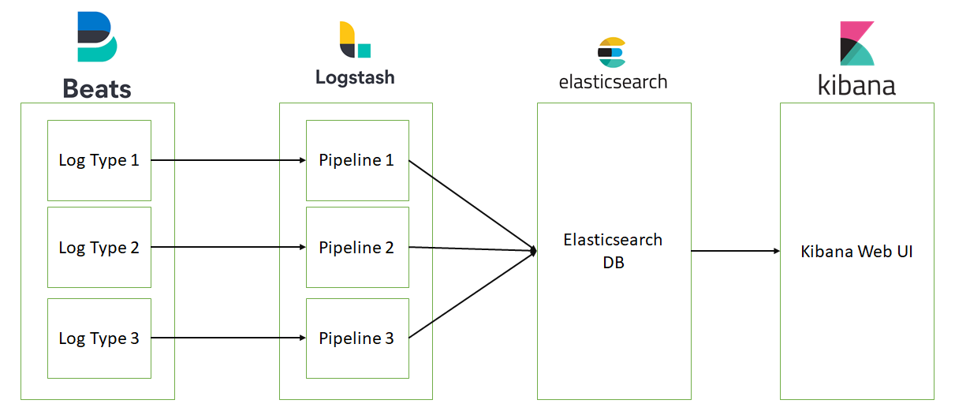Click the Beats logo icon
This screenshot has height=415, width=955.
point(97,37)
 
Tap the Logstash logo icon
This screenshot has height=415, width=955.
point(354,39)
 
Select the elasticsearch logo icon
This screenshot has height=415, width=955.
point(612,52)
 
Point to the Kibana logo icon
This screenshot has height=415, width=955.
point(856,43)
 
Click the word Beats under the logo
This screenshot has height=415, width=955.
point(97,88)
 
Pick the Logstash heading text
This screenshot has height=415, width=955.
point(355,77)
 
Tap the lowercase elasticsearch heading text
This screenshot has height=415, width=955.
point(613,81)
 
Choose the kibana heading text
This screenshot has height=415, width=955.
point(856,85)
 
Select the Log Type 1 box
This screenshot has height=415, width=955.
point(99,160)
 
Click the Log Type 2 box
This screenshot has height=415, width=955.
point(99,247)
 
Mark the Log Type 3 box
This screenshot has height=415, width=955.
point(99,338)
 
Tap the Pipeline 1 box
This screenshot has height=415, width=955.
point(356,160)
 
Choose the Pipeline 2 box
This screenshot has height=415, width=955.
point(356,247)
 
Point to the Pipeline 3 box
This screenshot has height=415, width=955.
point(356,338)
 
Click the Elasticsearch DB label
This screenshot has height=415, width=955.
point(613,251)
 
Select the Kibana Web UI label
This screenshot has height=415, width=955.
point(856,252)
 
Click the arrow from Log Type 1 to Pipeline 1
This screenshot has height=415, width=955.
point(228,160)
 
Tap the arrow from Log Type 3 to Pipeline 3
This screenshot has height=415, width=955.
point(228,338)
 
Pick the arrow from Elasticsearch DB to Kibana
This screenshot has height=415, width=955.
point(735,251)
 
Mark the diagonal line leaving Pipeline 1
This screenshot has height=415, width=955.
point(472,205)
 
